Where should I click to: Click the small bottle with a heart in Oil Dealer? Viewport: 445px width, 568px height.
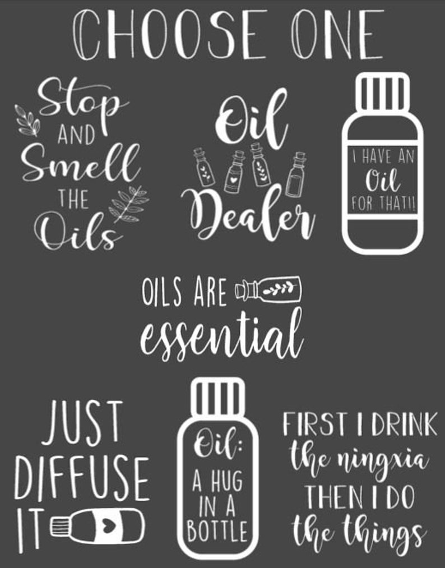[x=233, y=173]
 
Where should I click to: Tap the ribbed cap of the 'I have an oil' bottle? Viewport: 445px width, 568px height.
[x=383, y=91]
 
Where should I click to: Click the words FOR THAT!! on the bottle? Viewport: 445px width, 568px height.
[x=383, y=204]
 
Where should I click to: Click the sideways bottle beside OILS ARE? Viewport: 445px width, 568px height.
[x=268, y=289]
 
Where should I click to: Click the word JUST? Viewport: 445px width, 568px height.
[x=83, y=422]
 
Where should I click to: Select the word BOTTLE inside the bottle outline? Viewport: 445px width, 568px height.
[x=217, y=531]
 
